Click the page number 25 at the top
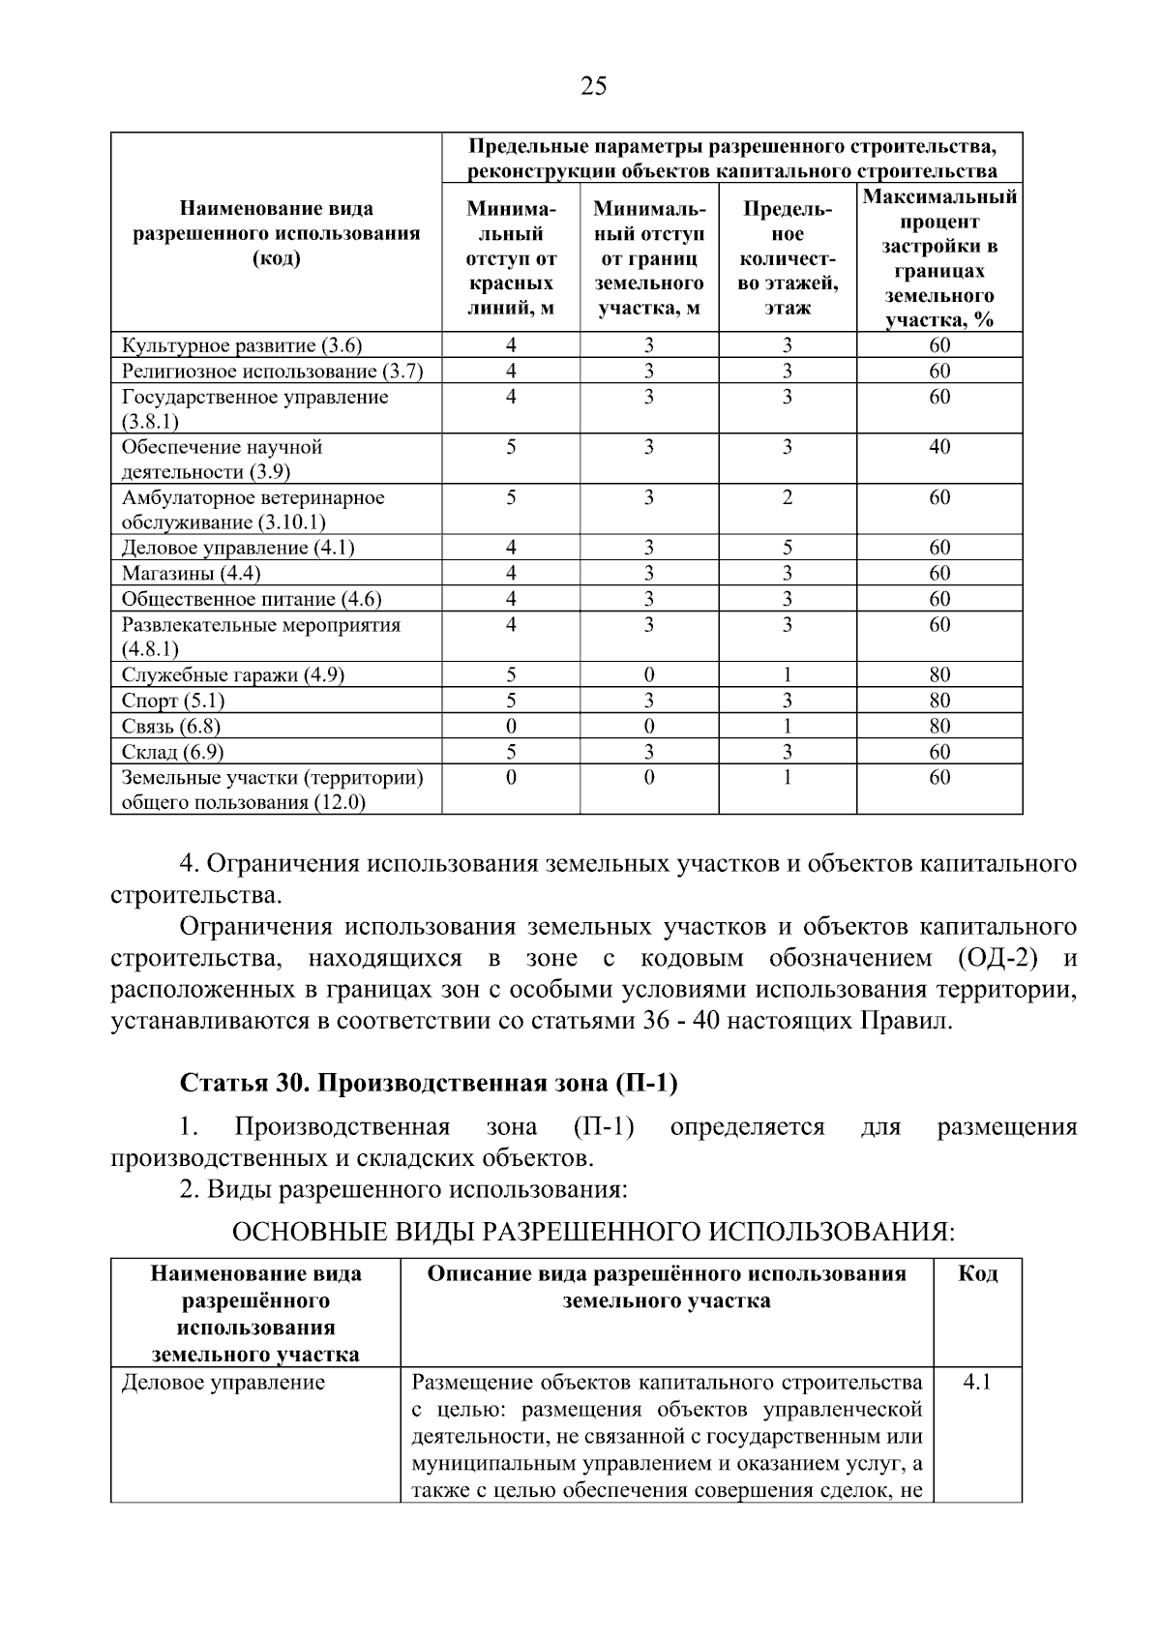tap(593, 87)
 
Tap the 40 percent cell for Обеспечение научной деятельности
tap(939, 447)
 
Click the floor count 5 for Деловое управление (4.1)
tap(787, 548)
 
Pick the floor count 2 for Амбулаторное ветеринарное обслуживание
tap(787, 497)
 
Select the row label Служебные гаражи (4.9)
tap(232, 675)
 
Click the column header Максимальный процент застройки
tap(939, 258)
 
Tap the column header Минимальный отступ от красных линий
tap(511, 258)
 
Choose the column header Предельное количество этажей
tap(787, 258)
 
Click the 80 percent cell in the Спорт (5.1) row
tap(939, 701)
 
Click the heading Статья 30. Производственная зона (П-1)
tap(429, 1083)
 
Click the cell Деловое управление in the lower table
tap(223, 1383)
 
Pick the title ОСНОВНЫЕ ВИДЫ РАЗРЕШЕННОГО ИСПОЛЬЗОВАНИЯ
tap(593, 1232)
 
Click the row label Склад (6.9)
tap(172, 752)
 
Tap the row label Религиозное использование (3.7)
tap(272, 372)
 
